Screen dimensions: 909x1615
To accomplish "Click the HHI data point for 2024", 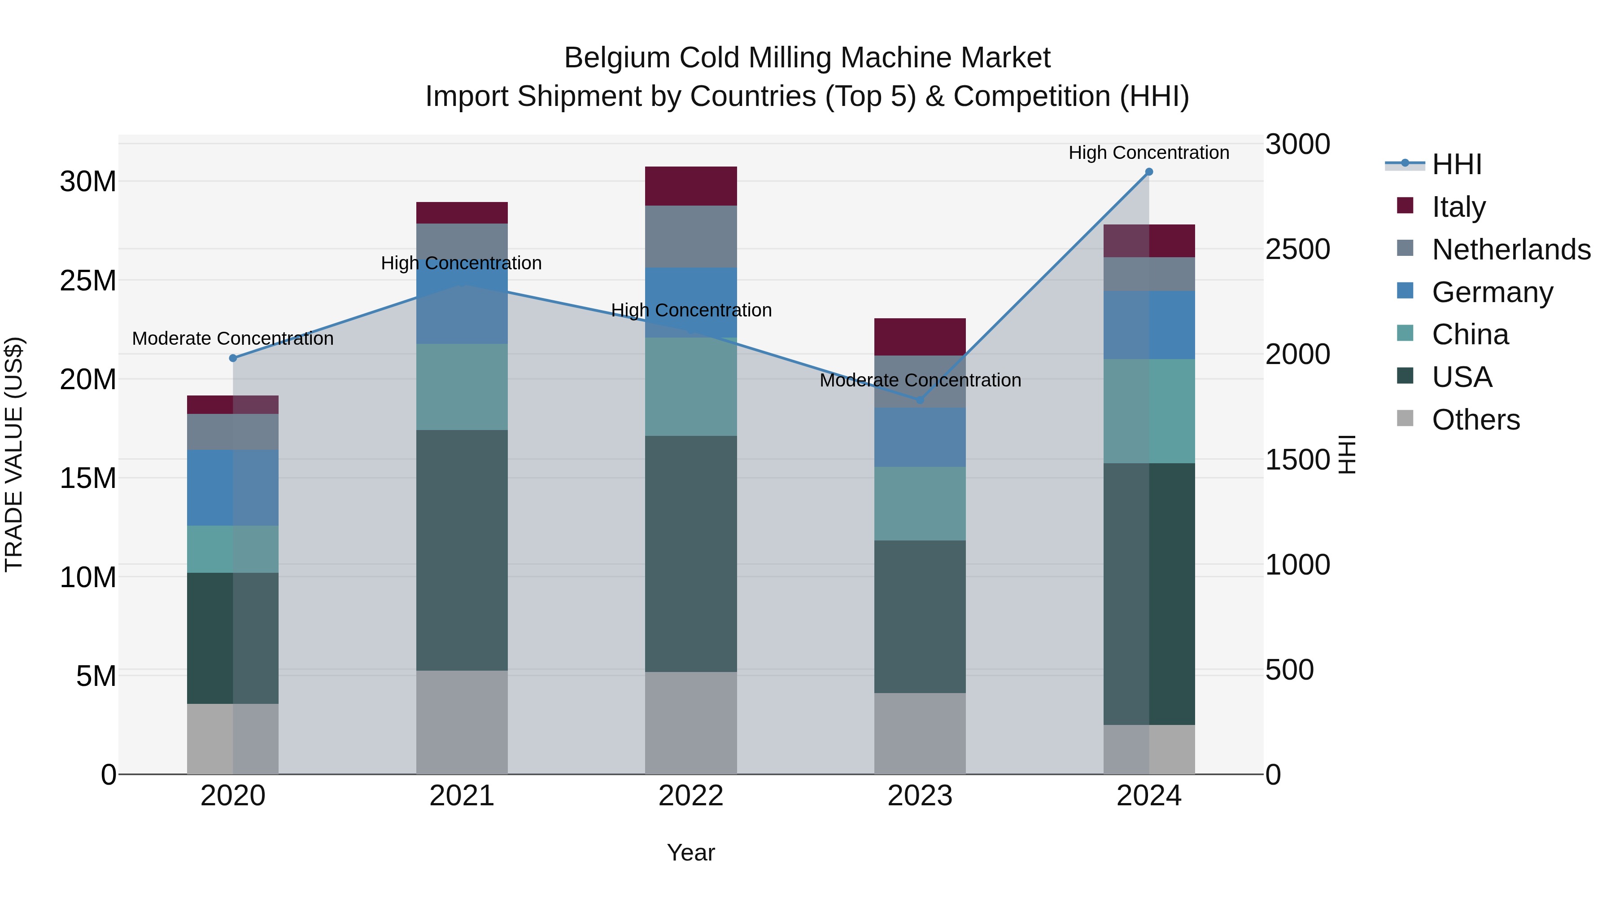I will point(1148,172).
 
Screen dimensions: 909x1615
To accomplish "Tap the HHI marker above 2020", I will point(232,358).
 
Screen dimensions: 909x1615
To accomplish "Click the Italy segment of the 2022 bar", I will point(691,186).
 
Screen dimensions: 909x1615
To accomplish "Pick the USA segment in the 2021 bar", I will point(462,550).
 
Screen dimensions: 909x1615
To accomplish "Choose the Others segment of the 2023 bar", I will point(920,733).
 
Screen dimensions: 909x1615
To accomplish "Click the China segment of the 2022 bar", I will point(691,386).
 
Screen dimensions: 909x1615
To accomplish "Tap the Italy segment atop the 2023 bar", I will point(920,337).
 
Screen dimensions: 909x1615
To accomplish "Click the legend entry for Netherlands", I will point(1511,250).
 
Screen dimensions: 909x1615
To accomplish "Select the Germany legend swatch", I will point(1405,291).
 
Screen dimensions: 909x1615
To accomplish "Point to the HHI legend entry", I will point(1456,164).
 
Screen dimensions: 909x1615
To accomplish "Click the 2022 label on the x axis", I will point(691,796).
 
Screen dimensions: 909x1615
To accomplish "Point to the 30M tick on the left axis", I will point(88,182).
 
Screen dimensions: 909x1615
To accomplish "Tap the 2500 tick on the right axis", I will point(1297,249).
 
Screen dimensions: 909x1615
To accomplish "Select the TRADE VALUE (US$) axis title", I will point(14,454).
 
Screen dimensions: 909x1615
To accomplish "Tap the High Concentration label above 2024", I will point(1148,153).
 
